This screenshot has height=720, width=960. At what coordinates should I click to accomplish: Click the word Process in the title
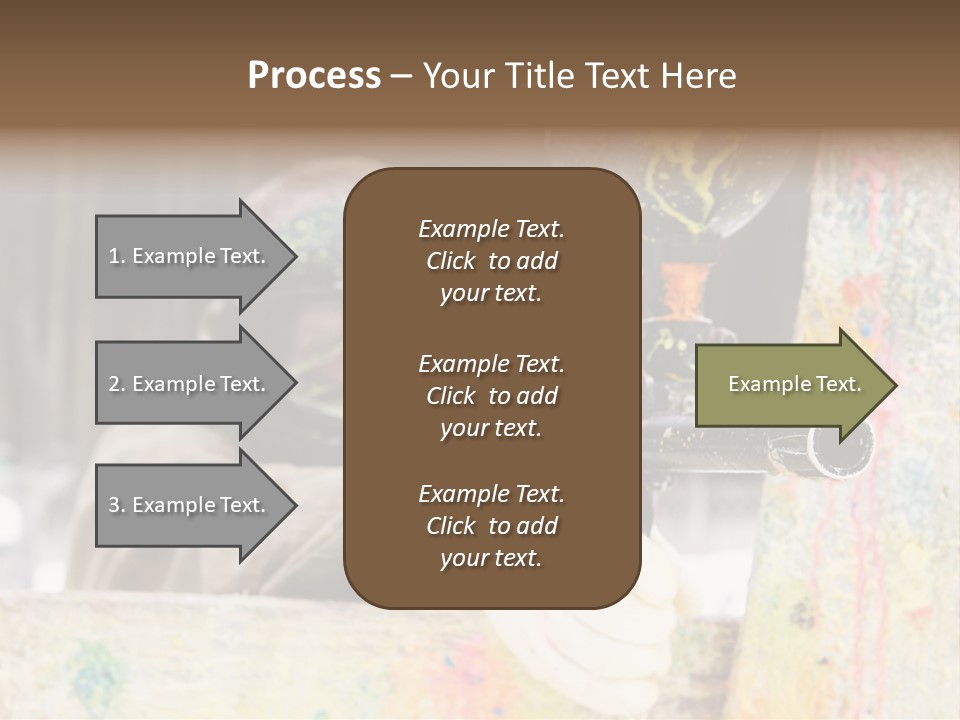point(314,76)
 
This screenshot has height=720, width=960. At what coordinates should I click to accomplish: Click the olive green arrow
point(790,385)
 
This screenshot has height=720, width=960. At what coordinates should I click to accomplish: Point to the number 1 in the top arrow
point(114,256)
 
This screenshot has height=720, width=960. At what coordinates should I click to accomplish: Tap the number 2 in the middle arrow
point(114,384)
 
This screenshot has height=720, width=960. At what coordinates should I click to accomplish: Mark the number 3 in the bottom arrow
point(114,505)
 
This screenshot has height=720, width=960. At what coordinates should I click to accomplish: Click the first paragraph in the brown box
point(491,261)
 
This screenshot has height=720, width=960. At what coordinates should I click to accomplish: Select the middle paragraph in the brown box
point(491,396)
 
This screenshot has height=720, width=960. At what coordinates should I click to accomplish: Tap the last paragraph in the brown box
point(491,526)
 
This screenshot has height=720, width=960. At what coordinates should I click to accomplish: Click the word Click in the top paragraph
point(451,261)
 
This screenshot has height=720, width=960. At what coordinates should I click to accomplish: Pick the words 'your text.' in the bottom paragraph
point(491,558)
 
